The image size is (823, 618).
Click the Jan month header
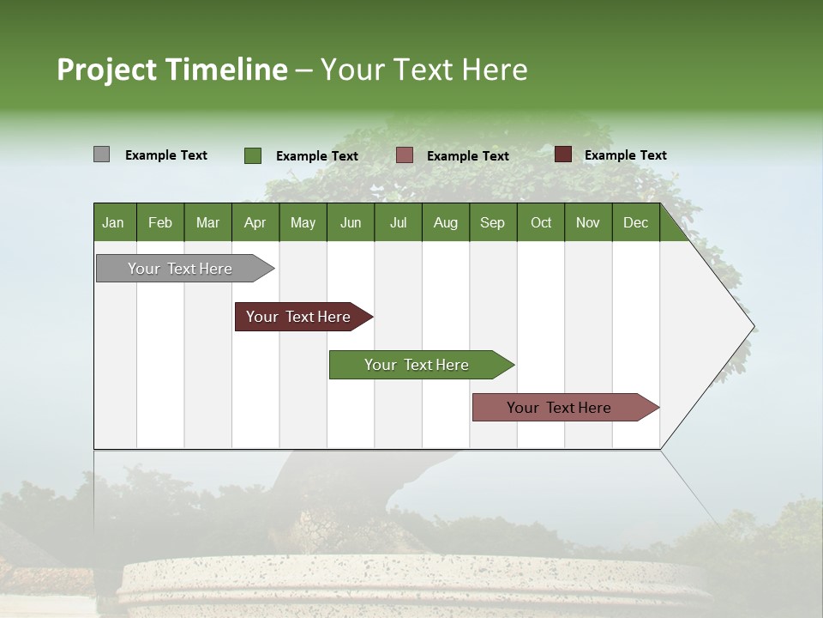click(x=114, y=222)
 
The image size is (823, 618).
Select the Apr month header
click(x=255, y=222)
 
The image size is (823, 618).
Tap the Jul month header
click(x=398, y=222)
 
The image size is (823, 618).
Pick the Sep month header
click(x=492, y=222)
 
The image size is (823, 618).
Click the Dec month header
click(x=635, y=222)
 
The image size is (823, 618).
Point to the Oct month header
click(x=541, y=222)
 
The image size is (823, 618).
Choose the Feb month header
click(x=160, y=222)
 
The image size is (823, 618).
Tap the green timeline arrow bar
click(x=418, y=365)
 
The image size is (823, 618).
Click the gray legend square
click(x=101, y=154)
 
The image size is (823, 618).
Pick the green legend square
click(x=252, y=155)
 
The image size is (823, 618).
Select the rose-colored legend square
click(x=405, y=155)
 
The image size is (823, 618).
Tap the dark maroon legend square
click(x=562, y=154)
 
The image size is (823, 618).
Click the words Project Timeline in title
click(x=171, y=70)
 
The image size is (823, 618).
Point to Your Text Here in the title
click(x=424, y=70)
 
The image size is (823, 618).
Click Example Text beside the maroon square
click(x=625, y=155)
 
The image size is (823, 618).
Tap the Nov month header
click(x=588, y=222)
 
